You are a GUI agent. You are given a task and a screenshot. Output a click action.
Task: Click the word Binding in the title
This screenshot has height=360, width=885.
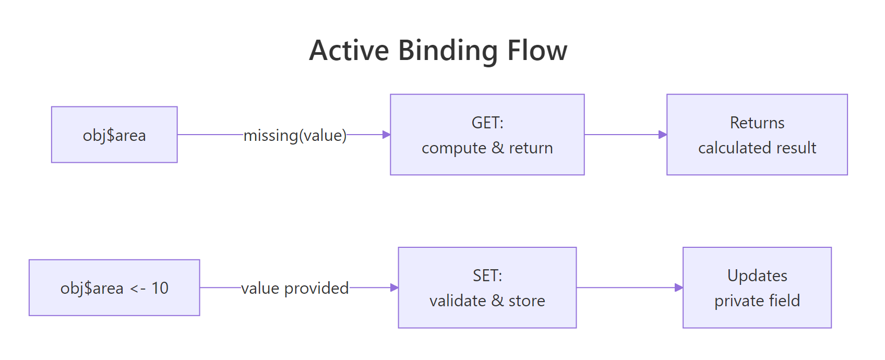coord(448,51)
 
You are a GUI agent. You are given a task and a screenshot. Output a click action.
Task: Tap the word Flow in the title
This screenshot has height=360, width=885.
coord(537,51)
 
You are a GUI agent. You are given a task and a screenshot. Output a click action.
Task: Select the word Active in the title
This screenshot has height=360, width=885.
coord(349,51)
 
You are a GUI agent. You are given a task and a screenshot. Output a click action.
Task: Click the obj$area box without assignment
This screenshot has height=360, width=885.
coord(114,135)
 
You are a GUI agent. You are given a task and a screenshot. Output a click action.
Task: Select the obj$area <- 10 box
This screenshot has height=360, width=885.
coord(114,288)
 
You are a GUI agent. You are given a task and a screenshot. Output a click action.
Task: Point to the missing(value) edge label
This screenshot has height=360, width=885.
coord(295,135)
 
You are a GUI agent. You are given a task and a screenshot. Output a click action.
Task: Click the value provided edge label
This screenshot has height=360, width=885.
coord(295,288)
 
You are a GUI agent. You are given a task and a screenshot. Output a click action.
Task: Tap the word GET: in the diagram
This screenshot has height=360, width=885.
coord(487,123)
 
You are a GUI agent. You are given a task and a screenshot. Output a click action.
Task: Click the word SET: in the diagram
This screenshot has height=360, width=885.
coord(487,275)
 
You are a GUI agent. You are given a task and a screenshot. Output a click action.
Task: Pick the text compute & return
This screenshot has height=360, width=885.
coord(487,148)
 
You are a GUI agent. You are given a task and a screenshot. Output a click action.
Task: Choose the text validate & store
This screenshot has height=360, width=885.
coord(487,301)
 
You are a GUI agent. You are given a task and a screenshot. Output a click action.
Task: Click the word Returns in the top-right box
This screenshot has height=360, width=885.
coord(757,123)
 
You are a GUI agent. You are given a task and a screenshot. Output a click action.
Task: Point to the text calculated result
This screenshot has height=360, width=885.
coord(757,148)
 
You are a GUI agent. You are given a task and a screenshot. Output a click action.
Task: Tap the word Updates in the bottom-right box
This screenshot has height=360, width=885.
coord(757,275)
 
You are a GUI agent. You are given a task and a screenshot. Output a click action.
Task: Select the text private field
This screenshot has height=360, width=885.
coord(757,301)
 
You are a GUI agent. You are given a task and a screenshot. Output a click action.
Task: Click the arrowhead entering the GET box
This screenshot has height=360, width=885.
coord(387,135)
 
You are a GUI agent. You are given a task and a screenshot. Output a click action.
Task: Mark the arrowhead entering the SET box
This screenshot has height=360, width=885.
coord(394,287)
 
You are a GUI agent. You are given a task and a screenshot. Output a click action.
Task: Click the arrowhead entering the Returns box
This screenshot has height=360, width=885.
coord(663,135)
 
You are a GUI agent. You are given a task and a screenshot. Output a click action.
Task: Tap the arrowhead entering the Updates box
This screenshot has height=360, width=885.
coord(679,287)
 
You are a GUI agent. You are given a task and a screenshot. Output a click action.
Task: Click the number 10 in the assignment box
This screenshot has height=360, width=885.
coord(160,288)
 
